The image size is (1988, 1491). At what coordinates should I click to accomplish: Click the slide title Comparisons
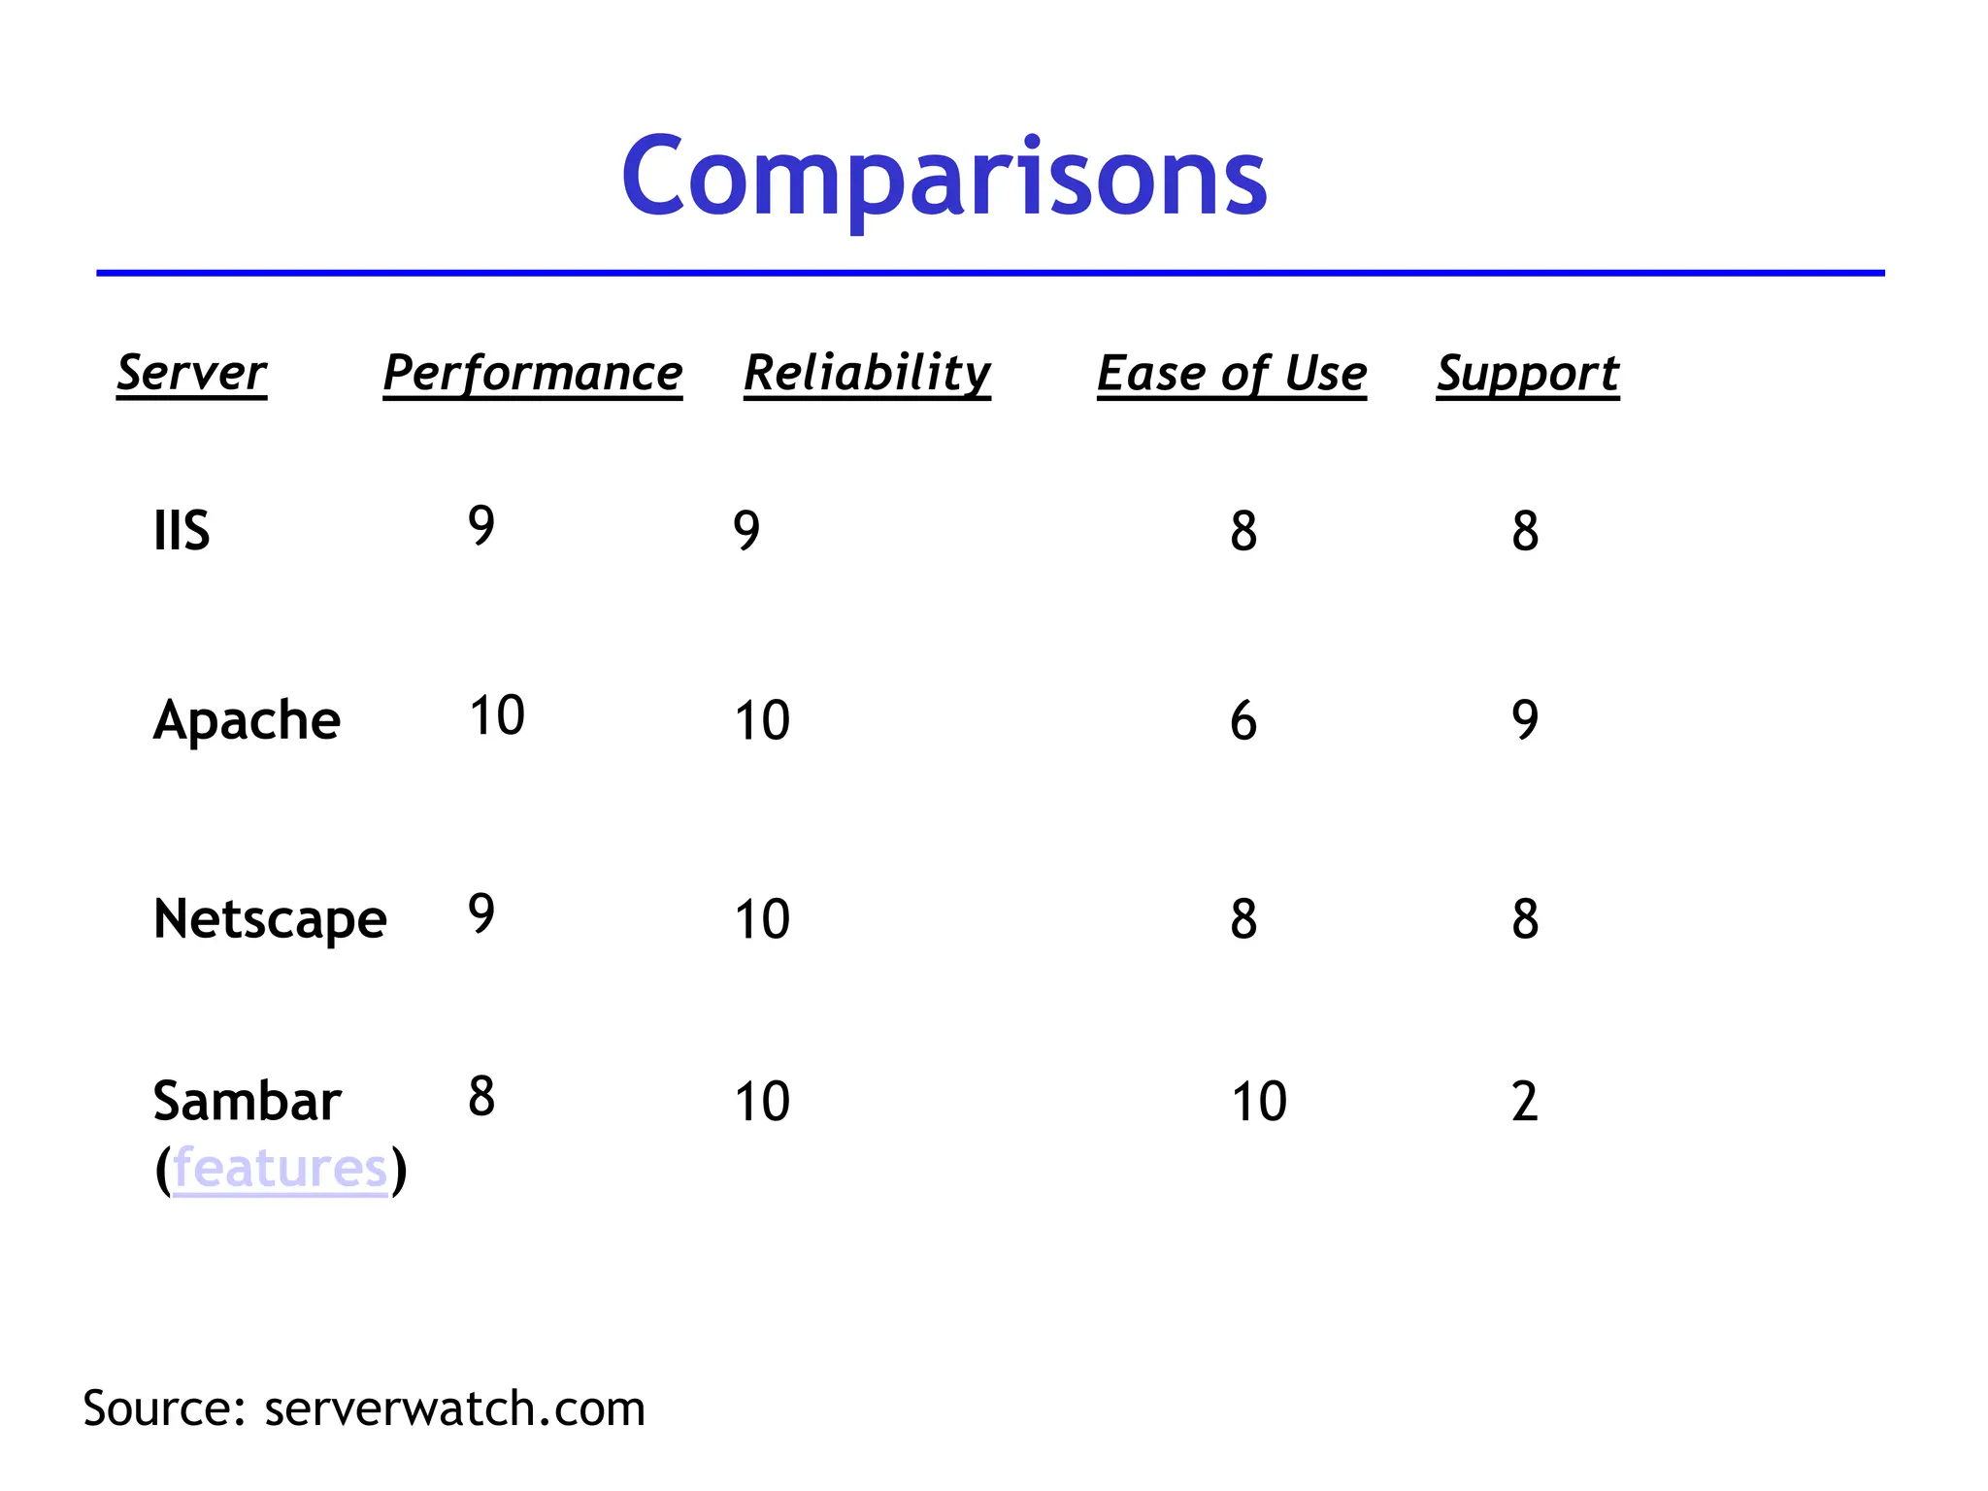point(944,178)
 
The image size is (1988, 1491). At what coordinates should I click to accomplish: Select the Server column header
point(191,373)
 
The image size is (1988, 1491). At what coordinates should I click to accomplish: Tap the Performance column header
point(533,373)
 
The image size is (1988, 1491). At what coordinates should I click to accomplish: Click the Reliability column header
point(867,373)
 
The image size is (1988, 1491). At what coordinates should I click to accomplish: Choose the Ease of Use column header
point(1232,373)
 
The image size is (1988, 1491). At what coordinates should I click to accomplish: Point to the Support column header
point(1528,373)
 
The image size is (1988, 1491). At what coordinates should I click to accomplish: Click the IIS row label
point(182,531)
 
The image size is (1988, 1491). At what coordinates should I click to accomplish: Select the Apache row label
point(247,720)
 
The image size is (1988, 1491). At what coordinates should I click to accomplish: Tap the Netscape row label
point(270,918)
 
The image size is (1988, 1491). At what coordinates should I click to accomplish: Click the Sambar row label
point(247,1101)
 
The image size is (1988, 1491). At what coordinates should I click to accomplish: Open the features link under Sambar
point(281,1168)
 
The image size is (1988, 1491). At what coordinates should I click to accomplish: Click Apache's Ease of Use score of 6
point(1243,721)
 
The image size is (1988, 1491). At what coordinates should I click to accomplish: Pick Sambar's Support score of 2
point(1525,1102)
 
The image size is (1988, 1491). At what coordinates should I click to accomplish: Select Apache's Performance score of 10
point(497,715)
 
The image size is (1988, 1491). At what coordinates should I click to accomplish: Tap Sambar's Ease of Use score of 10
point(1259,1102)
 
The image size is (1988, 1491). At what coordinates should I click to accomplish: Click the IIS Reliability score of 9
point(746,530)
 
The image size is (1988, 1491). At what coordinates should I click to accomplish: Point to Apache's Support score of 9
point(1525,720)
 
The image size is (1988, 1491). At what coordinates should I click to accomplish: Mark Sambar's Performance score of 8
point(481,1097)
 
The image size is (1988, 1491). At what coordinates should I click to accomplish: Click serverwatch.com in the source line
point(454,1408)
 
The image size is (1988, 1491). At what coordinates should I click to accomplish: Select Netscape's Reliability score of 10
point(762,918)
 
